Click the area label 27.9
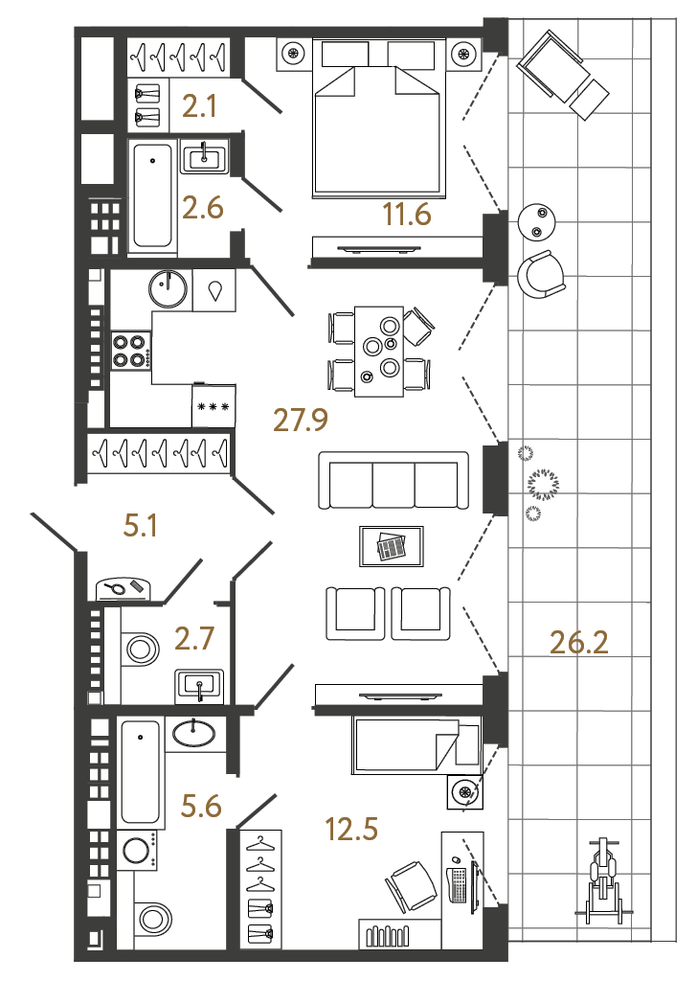coord(302,419)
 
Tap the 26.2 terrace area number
coord(579,642)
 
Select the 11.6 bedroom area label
coord(407,216)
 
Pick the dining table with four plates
coord(380,351)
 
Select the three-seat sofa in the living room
coord(393,483)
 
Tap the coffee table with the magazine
coord(391,547)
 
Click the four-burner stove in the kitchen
coord(132,350)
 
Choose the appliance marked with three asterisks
coord(213,406)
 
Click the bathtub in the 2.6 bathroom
coord(152,197)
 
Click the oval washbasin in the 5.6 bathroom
coord(195,734)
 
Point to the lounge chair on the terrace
coord(561,74)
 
